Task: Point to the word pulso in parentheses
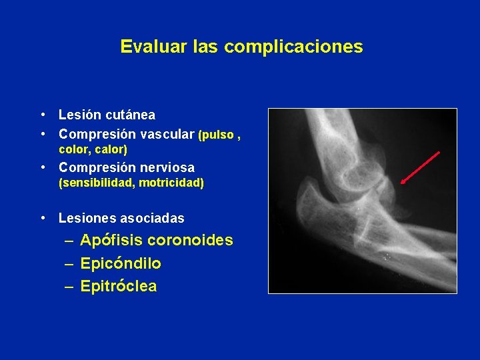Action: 215,135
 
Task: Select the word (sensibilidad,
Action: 95,183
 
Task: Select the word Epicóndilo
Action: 121,263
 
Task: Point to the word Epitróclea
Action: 119,287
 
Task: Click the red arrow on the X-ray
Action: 420,167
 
